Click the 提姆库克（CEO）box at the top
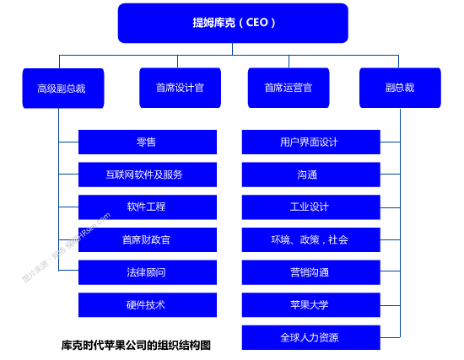pyautogui.click(x=233, y=23)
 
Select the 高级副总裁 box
pyautogui.click(x=63, y=88)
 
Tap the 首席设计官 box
pyautogui.click(x=180, y=87)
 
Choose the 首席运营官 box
pyautogui.click(x=289, y=87)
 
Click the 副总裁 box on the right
pyautogui.click(x=400, y=87)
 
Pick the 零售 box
pyautogui.click(x=147, y=142)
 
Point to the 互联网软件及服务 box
pyautogui.click(x=147, y=175)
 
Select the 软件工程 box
pyautogui.click(x=147, y=207)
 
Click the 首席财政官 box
pyautogui.click(x=147, y=239)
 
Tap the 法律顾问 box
pyautogui.click(x=147, y=272)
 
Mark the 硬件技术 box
pyautogui.click(x=147, y=304)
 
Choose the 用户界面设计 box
pyautogui.click(x=310, y=142)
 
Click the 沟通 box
pyautogui.click(x=310, y=175)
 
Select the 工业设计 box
pyautogui.click(x=310, y=207)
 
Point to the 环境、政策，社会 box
pyautogui.click(x=310, y=239)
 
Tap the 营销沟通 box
pyautogui.click(x=310, y=272)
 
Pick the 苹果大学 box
pyautogui.click(x=310, y=304)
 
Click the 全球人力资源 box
pyautogui.click(x=310, y=337)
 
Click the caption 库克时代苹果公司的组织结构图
pyautogui.click(x=136, y=345)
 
